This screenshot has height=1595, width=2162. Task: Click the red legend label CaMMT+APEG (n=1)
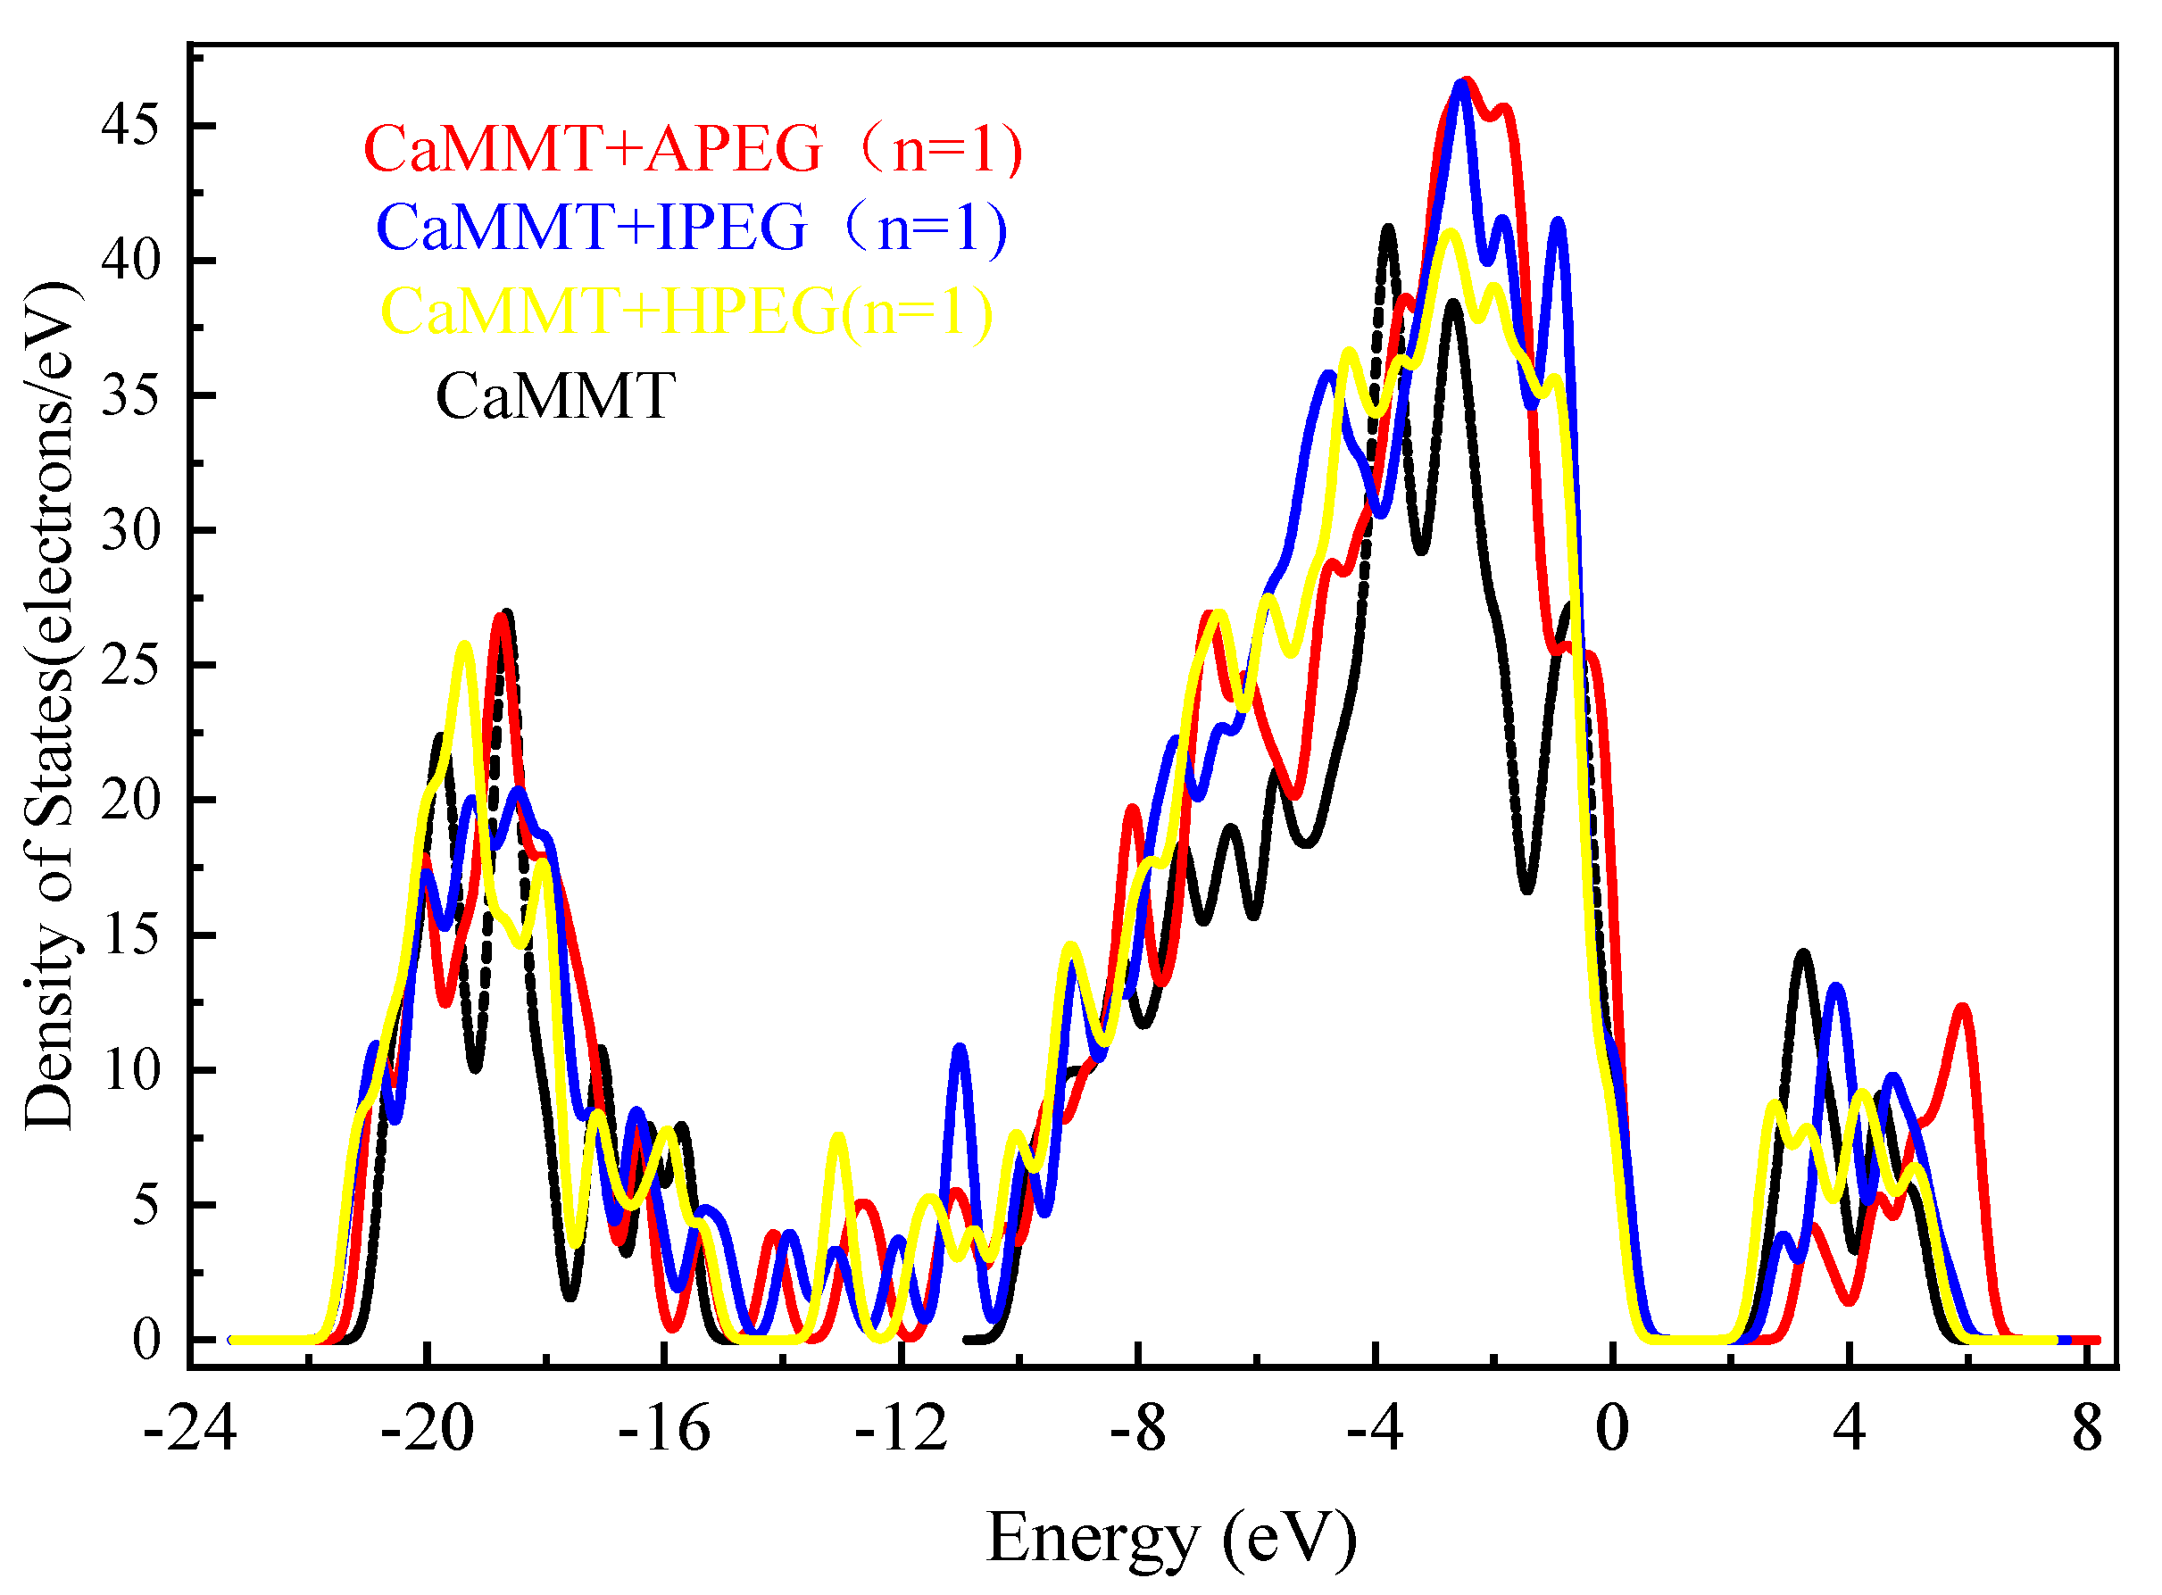(x=693, y=150)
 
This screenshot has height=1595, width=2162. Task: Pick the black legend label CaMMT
(x=554, y=396)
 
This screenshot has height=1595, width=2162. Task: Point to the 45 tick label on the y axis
(x=130, y=126)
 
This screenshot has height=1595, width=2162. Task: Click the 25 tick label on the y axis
(x=130, y=666)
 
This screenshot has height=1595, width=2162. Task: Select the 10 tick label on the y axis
(x=130, y=1071)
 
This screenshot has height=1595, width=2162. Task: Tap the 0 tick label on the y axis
(x=146, y=1340)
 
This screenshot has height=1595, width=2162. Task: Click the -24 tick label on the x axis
(x=190, y=1429)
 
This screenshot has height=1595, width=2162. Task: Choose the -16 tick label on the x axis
(x=664, y=1429)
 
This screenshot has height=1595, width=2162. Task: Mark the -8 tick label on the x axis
(x=1138, y=1429)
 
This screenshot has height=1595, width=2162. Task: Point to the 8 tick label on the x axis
(x=2087, y=1429)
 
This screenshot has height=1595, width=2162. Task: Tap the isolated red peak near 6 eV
(x=1962, y=1008)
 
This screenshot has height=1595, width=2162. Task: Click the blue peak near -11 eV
(x=959, y=1049)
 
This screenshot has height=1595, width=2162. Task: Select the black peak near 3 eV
(x=1803, y=954)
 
